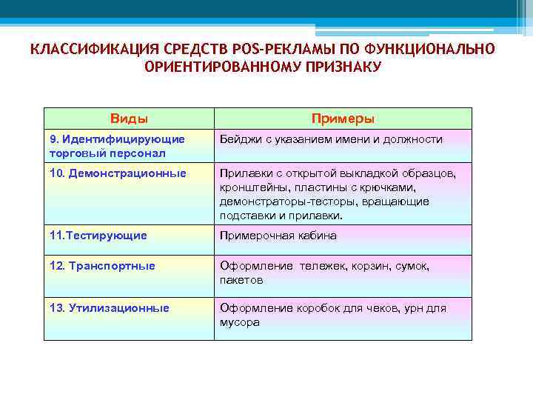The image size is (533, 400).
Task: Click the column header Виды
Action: [129, 119]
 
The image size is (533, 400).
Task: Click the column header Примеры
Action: [343, 119]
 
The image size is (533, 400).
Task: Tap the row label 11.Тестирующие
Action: [98, 236]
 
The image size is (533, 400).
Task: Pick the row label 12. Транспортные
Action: [102, 266]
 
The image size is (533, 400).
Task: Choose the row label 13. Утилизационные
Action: [109, 307]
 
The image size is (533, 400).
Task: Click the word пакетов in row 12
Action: [241, 280]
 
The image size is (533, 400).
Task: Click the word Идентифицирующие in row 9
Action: [124, 139]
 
